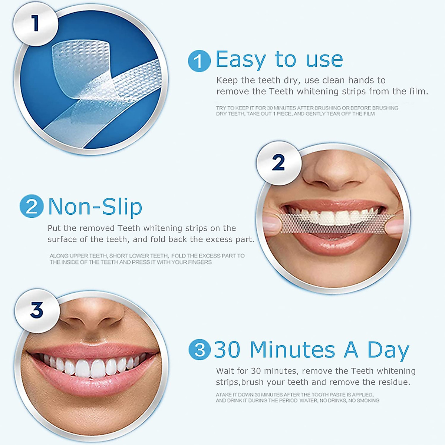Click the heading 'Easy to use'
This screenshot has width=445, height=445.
(279, 60)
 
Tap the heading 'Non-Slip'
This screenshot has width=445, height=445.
(95, 207)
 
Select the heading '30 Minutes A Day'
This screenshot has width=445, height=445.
(311, 350)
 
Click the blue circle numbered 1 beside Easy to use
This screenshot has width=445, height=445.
(199, 61)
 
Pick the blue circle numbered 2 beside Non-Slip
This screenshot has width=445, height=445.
(32, 206)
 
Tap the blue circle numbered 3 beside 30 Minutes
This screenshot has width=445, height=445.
(200, 349)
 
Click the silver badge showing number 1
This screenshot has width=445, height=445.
(36, 24)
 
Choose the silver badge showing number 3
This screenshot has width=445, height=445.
(37, 310)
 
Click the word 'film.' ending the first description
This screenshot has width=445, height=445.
(419, 91)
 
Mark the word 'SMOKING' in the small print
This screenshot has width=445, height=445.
(368, 400)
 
